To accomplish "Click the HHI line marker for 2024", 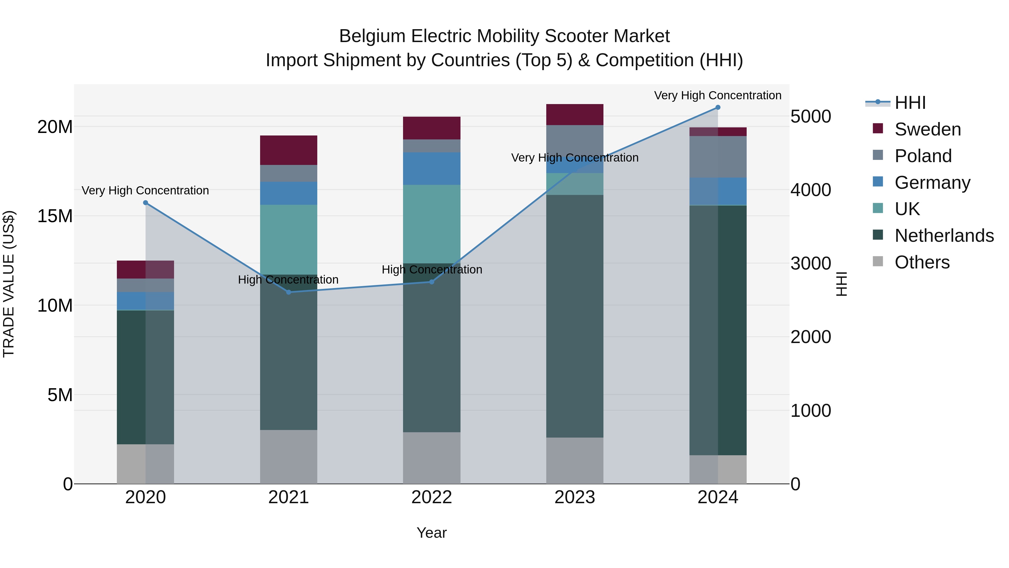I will click(718, 107).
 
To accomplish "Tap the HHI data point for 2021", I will click(289, 292).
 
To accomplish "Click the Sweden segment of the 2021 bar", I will click(289, 150).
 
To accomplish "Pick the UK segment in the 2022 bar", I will click(432, 224).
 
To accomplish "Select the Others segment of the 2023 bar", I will click(575, 461).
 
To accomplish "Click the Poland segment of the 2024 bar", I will click(718, 157).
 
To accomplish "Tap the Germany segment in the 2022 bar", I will click(432, 169).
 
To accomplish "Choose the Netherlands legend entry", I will click(944, 236).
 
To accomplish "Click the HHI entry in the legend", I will click(910, 103).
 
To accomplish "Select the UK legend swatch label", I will click(907, 209).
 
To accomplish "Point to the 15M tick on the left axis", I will click(55, 216).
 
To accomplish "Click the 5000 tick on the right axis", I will click(810, 116).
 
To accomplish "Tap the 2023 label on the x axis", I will click(575, 497).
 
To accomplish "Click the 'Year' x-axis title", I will click(432, 533).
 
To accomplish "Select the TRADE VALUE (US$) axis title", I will click(9, 284).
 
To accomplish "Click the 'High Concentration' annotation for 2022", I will click(432, 270).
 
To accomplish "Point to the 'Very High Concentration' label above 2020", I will click(145, 190).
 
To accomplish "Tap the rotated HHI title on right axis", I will click(842, 284).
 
